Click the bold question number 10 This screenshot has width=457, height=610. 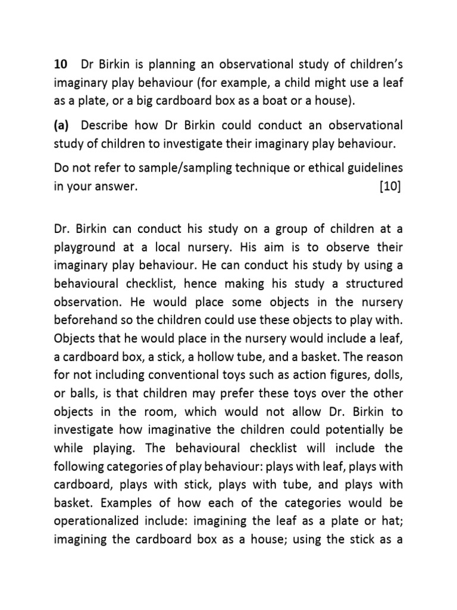tap(60, 64)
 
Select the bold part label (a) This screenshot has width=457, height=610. tap(61, 126)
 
